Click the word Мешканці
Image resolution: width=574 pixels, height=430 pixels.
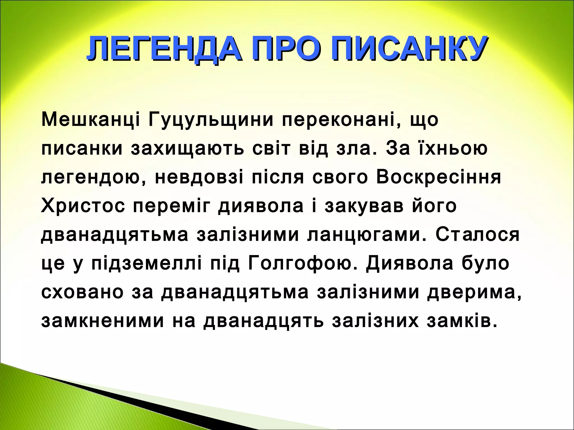91,120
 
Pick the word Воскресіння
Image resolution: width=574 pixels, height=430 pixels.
438,177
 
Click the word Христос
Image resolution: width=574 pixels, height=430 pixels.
83,206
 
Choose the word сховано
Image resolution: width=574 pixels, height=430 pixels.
82,292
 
